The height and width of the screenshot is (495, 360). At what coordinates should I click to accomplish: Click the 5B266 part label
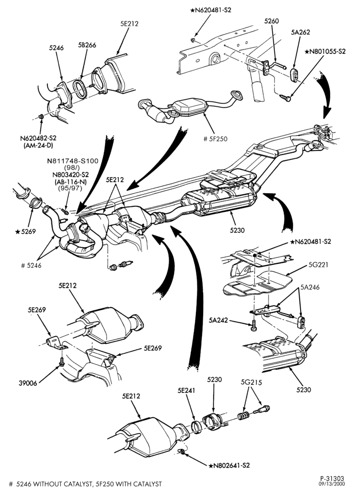(x=87, y=45)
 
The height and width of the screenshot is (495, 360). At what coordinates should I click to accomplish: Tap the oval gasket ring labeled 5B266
(x=81, y=89)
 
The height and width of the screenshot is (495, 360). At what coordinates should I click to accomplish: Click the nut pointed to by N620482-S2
(x=41, y=117)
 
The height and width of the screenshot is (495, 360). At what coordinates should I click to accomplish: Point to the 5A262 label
(x=301, y=32)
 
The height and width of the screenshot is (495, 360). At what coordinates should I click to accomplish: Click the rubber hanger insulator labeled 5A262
(x=295, y=74)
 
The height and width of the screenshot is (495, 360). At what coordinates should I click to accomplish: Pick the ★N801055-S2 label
(x=325, y=51)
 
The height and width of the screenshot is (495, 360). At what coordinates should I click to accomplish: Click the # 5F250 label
(x=215, y=139)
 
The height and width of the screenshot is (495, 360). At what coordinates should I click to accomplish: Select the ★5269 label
(x=26, y=231)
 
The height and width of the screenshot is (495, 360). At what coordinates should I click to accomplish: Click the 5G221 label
(x=318, y=264)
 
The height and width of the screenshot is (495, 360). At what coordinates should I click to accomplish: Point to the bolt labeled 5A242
(x=254, y=327)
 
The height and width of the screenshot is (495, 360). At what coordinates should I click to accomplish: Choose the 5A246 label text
(x=310, y=287)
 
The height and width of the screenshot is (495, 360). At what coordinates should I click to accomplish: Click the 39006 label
(x=28, y=383)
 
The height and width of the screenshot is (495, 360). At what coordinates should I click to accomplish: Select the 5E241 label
(x=186, y=391)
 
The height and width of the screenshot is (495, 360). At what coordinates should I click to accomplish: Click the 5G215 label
(x=251, y=382)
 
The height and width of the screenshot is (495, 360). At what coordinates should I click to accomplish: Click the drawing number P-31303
(x=333, y=479)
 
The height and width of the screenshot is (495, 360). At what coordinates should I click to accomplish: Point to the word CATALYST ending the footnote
(x=146, y=484)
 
